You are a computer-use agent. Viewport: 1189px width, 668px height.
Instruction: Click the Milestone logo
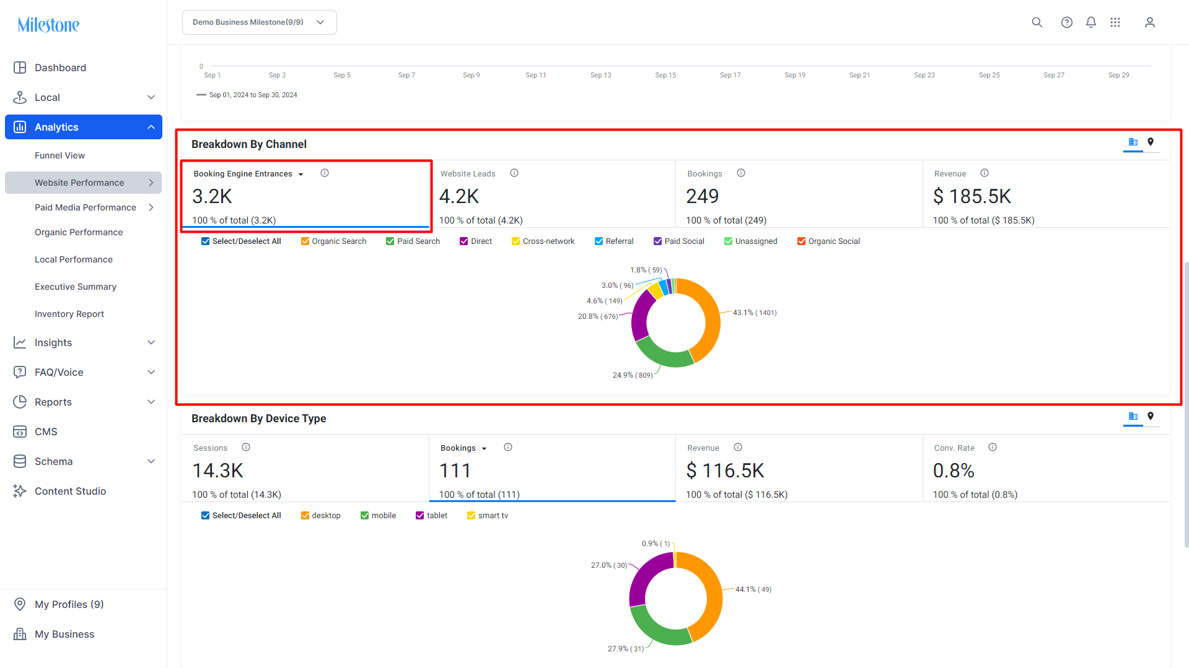click(48, 25)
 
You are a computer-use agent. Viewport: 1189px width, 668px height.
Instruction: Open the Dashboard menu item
click(60, 67)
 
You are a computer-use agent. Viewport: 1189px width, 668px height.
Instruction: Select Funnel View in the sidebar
click(59, 155)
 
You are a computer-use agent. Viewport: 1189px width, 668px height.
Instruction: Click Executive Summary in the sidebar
click(76, 287)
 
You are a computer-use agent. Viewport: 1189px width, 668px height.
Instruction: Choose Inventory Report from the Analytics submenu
click(69, 314)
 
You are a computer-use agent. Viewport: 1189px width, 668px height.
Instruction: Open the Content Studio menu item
click(70, 491)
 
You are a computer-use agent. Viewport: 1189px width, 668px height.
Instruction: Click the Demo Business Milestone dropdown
click(260, 22)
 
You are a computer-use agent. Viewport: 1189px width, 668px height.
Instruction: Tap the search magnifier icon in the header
click(1037, 22)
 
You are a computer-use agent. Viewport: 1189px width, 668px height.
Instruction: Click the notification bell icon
click(1091, 22)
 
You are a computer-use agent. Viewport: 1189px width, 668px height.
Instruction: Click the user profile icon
click(1149, 22)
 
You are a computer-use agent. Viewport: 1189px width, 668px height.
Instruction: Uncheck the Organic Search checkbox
click(305, 241)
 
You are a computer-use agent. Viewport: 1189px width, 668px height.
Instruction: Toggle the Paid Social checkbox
click(657, 241)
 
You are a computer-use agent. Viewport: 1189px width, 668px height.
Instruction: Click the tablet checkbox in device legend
click(419, 516)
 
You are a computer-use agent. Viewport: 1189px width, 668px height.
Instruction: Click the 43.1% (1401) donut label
click(755, 313)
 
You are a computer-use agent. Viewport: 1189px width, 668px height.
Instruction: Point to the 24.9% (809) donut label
click(633, 375)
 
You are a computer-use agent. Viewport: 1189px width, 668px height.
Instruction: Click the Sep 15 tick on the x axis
click(665, 75)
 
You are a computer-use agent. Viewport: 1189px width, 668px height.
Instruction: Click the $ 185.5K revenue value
click(972, 196)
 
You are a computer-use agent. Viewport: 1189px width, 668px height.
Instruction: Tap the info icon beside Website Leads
click(514, 173)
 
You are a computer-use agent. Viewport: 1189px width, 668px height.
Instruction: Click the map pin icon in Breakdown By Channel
click(1151, 142)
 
